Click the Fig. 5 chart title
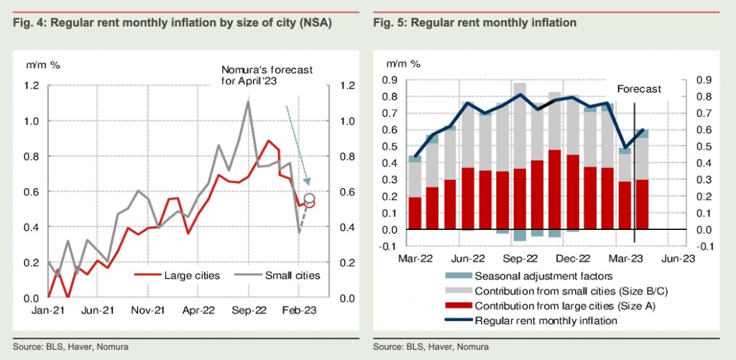coord(474,24)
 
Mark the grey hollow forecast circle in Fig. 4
coord(309,198)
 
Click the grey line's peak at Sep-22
coord(248,102)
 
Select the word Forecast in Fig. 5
coord(639,89)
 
